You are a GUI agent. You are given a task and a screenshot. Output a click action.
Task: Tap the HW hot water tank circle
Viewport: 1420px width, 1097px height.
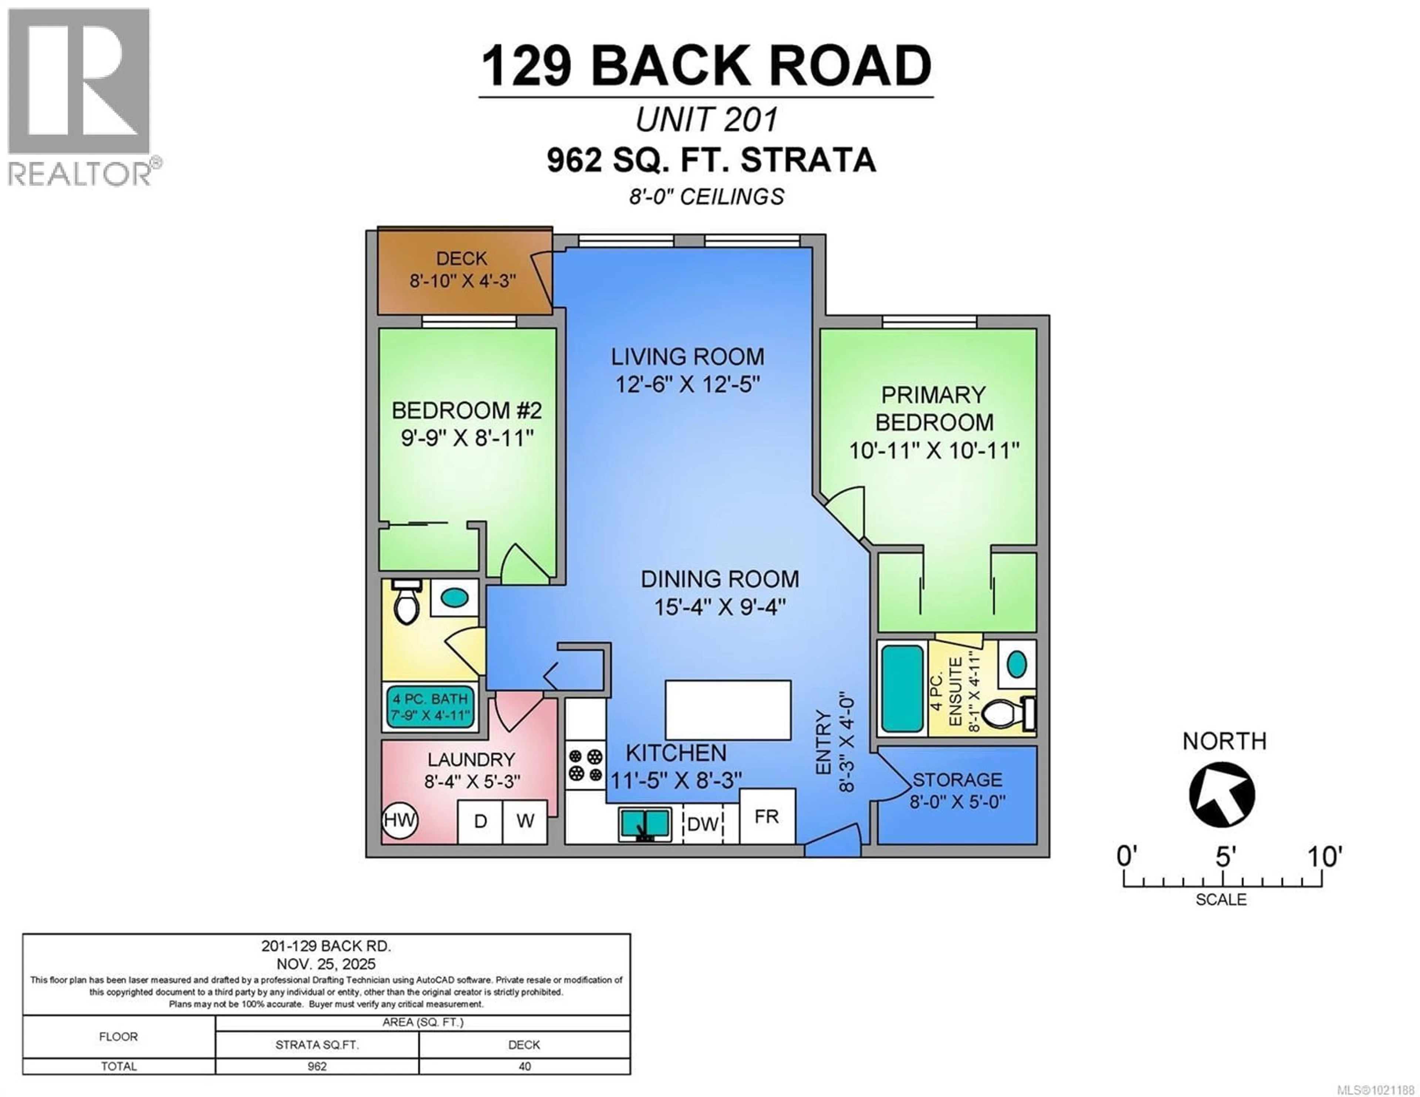(399, 820)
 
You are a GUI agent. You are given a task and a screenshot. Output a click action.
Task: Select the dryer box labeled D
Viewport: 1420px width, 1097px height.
(480, 821)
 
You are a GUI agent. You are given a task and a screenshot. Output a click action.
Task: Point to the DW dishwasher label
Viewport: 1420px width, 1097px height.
(703, 825)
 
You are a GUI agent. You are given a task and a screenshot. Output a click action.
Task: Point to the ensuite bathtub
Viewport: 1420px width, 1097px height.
(902, 689)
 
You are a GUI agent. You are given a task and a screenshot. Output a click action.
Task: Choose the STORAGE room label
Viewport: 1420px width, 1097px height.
(957, 780)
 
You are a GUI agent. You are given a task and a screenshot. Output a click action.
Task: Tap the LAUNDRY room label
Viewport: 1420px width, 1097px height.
(471, 759)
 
